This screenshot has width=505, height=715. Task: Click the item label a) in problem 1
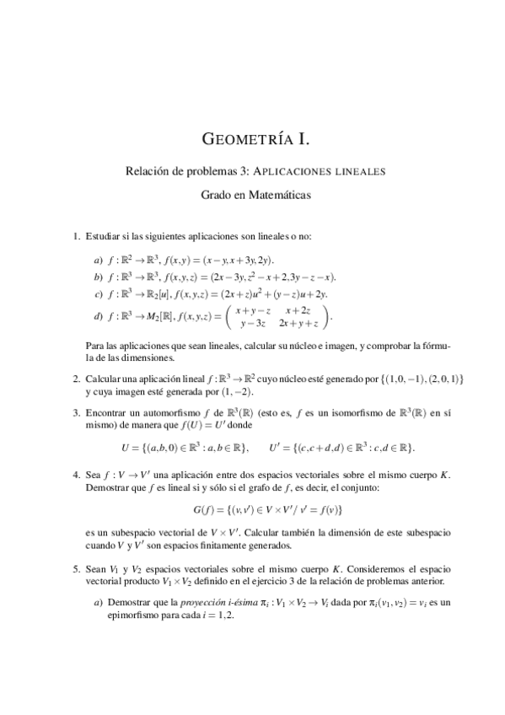click(x=99, y=259)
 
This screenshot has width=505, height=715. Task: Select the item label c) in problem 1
click(x=99, y=293)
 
